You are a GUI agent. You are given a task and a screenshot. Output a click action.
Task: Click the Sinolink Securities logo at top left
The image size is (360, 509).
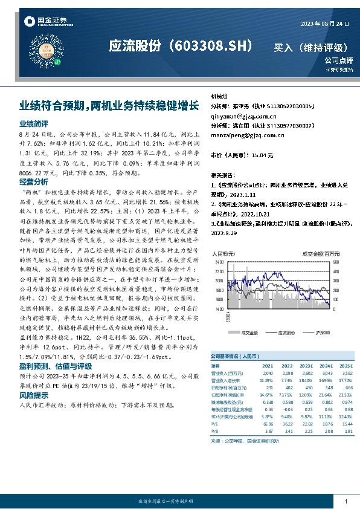(47, 22)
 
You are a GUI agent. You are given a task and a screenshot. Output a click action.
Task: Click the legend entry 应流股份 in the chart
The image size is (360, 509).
(286, 332)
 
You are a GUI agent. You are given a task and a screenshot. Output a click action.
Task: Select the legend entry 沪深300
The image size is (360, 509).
(324, 332)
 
